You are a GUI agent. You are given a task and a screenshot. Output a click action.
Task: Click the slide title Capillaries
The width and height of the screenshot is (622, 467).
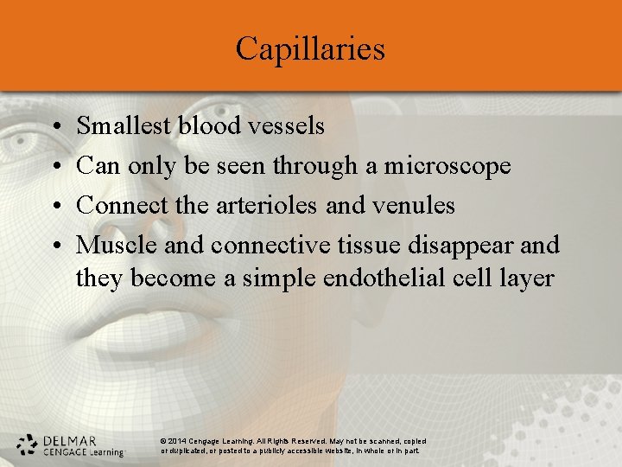[310, 48]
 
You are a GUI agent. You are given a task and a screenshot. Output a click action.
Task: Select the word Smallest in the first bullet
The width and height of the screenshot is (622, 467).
[124, 126]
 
